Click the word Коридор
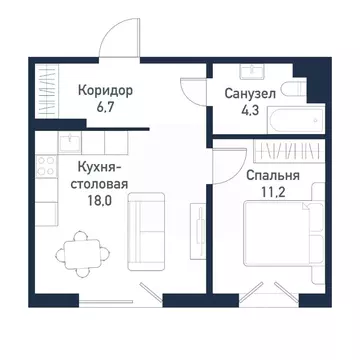(x=105, y=90)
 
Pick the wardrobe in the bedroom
(x=282, y=152)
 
